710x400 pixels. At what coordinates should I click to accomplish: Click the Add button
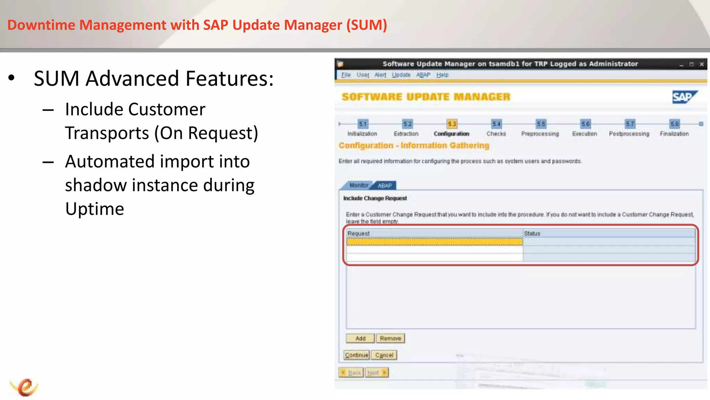(360, 338)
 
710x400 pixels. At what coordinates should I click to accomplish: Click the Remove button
(390, 338)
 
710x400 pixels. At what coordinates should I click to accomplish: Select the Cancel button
(384, 355)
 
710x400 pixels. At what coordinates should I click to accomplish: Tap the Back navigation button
(351, 373)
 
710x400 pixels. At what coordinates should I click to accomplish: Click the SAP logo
(684, 97)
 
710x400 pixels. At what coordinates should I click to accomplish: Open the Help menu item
(442, 75)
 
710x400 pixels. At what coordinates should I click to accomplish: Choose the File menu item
(346, 75)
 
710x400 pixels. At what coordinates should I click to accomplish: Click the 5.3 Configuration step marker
(452, 124)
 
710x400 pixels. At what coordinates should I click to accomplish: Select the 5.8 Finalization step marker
(675, 124)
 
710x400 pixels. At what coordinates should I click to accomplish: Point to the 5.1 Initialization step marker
(363, 124)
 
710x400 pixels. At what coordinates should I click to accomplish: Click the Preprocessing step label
(540, 134)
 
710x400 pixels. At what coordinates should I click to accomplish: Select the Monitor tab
(358, 185)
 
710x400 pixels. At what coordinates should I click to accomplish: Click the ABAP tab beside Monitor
(385, 185)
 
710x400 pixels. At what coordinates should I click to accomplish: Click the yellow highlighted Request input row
(434, 242)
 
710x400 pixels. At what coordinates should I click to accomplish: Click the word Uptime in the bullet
(95, 209)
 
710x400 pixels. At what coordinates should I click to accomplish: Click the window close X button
(702, 64)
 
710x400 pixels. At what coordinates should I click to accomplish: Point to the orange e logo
(25, 387)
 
